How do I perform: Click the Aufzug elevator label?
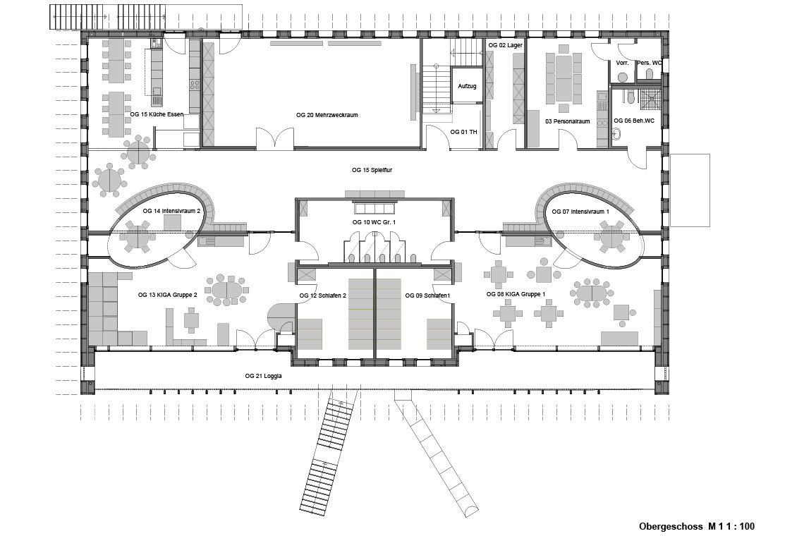click(467, 86)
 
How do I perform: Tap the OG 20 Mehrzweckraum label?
click(327, 115)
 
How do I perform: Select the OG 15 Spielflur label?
click(372, 170)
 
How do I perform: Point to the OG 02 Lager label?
click(506, 45)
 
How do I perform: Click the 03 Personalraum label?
click(568, 121)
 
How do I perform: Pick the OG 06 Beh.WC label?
click(634, 121)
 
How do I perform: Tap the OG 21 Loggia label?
click(264, 376)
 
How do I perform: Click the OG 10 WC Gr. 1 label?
click(374, 222)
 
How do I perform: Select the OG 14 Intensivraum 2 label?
click(172, 211)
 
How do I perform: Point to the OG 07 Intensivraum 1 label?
click(581, 212)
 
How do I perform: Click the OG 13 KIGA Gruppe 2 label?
click(168, 295)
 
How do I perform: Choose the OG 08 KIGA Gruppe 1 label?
click(516, 294)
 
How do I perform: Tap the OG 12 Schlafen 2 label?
click(323, 296)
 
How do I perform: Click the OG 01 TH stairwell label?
click(463, 132)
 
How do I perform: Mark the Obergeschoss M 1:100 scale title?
click(697, 526)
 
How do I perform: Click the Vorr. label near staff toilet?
click(623, 63)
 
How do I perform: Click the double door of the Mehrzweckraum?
click(275, 138)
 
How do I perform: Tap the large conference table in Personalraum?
click(564, 76)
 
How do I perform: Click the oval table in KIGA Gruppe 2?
click(226, 291)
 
